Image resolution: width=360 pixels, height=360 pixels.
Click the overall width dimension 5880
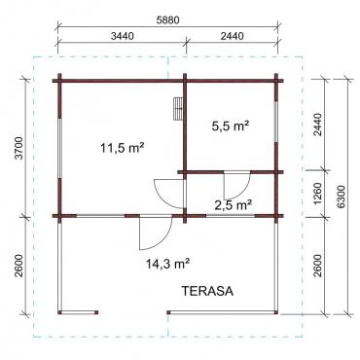coord(167,19)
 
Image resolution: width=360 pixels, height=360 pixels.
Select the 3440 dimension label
coord(122,36)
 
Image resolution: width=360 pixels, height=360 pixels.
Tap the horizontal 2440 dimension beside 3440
coord(232,36)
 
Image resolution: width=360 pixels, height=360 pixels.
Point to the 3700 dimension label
coord(19,148)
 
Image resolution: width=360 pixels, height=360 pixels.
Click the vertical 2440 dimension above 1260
coord(318,125)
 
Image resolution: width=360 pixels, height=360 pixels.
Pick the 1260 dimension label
coord(318,194)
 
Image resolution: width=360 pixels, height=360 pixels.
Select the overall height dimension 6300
coord(341,197)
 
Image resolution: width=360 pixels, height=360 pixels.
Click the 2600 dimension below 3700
coord(19,266)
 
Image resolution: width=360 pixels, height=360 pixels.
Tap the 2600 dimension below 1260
coord(318,266)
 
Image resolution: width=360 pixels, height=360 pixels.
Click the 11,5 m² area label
coord(122,148)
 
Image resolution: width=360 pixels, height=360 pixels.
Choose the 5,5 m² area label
coord(231,126)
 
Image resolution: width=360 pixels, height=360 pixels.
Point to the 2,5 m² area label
coord(234,205)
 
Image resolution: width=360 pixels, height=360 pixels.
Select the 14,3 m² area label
coord(167,264)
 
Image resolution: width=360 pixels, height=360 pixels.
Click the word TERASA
coord(207,291)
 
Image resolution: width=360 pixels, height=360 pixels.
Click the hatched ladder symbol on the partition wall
coord(178,109)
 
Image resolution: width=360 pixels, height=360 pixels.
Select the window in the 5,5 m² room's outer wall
coord(275,122)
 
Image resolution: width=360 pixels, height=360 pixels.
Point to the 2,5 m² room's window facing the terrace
coord(231,216)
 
